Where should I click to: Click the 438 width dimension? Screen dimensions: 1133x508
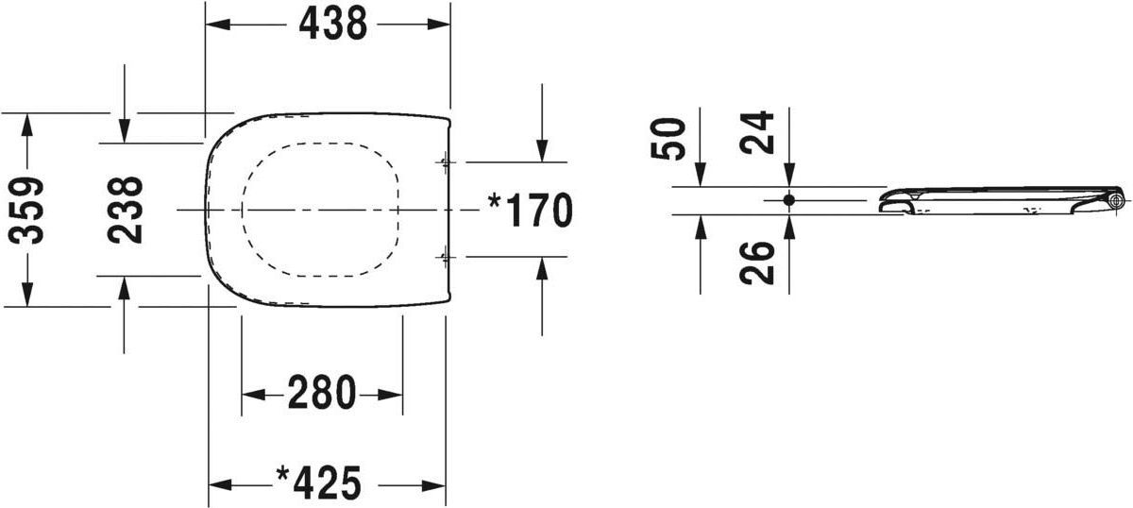[332, 25]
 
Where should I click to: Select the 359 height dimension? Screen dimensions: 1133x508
[26, 210]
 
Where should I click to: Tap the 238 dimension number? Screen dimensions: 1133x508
[126, 210]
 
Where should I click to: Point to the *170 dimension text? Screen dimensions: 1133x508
[531, 210]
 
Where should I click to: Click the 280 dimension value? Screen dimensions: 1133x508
[322, 392]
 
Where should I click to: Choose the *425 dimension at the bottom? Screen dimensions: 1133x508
[319, 483]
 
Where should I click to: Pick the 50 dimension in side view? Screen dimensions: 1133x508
[668, 139]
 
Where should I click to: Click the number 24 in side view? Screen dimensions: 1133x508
[756, 132]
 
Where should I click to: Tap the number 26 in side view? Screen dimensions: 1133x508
[757, 262]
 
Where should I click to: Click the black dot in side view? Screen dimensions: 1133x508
[789, 200]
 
